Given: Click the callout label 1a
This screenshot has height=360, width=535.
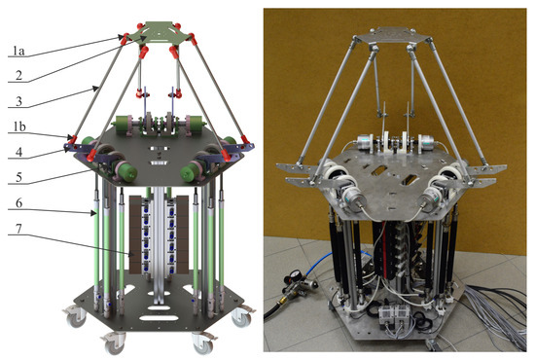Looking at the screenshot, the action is pyautogui.click(x=18, y=52).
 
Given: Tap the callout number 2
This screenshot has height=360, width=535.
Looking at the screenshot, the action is pyautogui.click(x=19, y=75).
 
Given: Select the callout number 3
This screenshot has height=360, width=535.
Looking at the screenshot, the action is pyautogui.click(x=19, y=101).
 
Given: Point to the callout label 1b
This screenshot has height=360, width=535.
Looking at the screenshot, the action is pyautogui.click(x=19, y=126).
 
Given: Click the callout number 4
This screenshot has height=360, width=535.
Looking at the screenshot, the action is pyautogui.click(x=19, y=152).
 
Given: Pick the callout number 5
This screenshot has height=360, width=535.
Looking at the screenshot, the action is pyautogui.click(x=19, y=177).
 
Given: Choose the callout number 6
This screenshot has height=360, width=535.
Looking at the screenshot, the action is pyautogui.click(x=19, y=203).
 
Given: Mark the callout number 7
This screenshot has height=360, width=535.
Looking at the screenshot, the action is pyautogui.click(x=19, y=229).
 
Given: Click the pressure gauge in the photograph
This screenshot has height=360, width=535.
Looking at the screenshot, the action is pyautogui.click(x=293, y=275).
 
